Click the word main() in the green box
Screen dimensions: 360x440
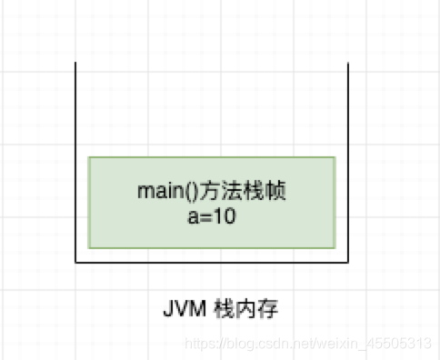[160, 192]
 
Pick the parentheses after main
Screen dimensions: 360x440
[177, 192]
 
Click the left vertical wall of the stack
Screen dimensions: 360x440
[75, 164]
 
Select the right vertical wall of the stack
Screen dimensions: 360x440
[349, 164]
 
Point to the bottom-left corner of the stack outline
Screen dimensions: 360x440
[75, 262]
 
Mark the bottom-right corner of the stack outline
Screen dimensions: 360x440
[349, 262]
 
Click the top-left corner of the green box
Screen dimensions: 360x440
[88, 156]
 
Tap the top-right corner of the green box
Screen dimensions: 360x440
[335, 156]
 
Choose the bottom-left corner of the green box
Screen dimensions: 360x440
[88, 248]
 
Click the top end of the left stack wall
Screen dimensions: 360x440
[75, 63]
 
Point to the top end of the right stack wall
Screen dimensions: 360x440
[349, 63]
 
